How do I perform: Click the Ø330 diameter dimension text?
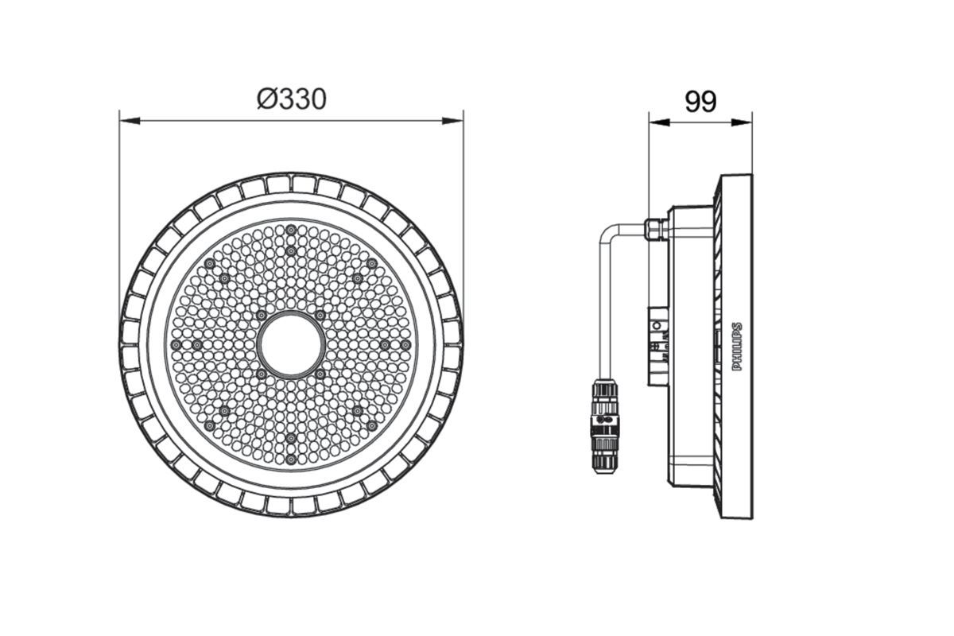click(291, 99)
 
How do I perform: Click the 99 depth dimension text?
click(700, 102)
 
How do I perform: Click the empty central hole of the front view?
click(291, 345)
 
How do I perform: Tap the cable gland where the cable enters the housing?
click(656, 228)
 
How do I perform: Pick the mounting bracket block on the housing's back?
click(658, 347)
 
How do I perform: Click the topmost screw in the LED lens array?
click(292, 230)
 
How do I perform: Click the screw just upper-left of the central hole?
click(262, 316)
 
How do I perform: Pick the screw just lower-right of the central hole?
click(320, 374)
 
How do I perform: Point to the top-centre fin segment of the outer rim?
click(291, 184)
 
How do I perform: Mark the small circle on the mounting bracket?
click(657, 325)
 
